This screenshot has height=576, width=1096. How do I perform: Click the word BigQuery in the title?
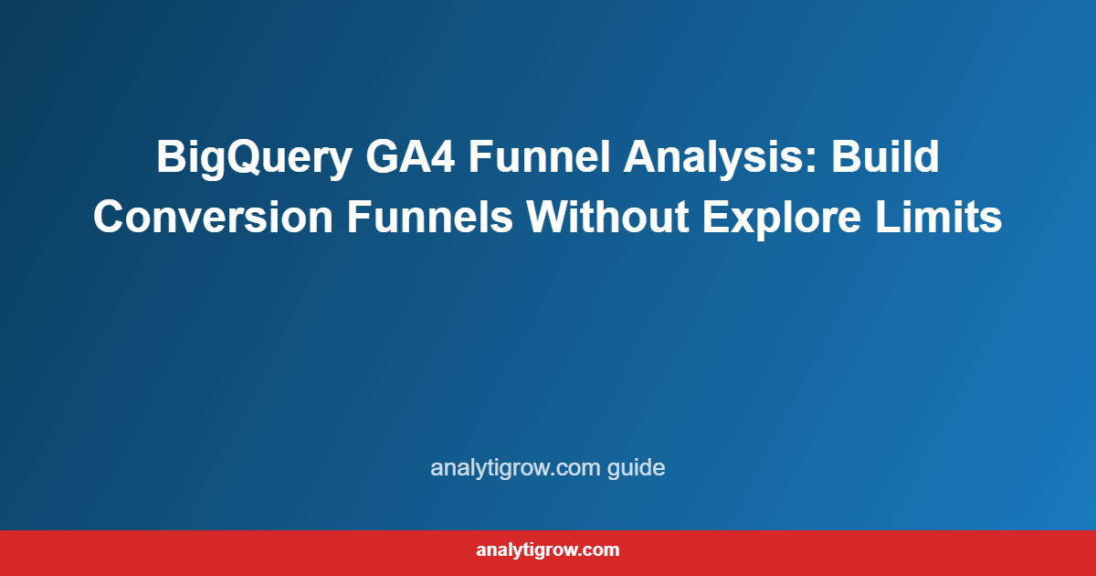tap(252, 156)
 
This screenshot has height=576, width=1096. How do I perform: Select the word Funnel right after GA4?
tap(540, 156)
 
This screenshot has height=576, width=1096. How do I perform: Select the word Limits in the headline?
tap(951, 218)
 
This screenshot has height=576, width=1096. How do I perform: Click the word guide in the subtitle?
tap(640, 469)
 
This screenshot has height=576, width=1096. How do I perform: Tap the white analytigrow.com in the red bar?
tap(548, 550)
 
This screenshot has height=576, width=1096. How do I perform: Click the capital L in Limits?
tap(912, 218)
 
